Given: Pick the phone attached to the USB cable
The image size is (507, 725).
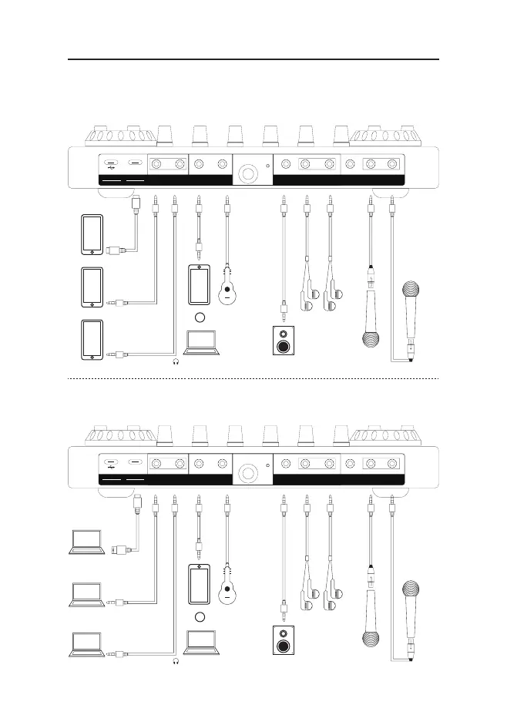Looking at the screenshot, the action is click(92, 235).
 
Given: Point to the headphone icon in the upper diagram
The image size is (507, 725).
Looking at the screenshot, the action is click(176, 360).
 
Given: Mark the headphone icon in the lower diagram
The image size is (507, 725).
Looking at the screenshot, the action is click(176, 662).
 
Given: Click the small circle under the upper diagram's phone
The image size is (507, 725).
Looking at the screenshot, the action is click(200, 317).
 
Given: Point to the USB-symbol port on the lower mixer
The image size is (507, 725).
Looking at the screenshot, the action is click(112, 465).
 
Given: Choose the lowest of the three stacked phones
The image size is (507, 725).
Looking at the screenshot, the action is click(92, 340).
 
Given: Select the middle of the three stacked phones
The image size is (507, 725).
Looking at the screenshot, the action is click(92, 287).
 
